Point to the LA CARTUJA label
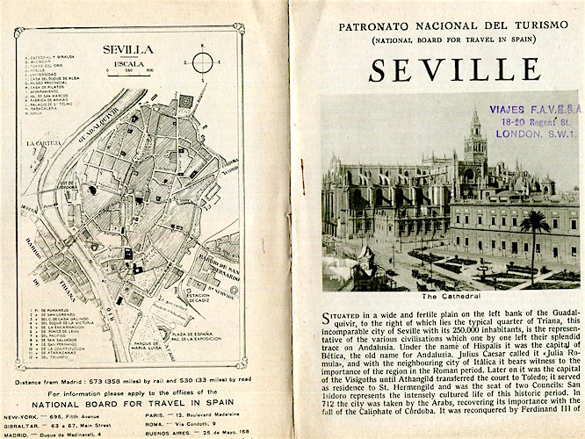point(41,141)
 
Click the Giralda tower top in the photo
point(475,119)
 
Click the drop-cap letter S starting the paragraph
point(329,316)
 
